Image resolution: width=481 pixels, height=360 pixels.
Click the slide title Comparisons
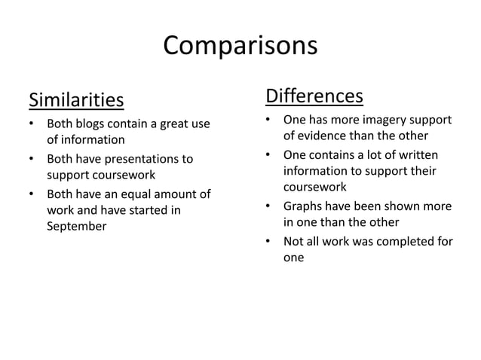pos(240,47)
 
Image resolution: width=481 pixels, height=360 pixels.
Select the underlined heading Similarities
pos(75,99)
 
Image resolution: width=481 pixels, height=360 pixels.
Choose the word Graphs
pos(303,206)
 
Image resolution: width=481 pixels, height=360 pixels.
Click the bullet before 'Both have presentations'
pos(31,160)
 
